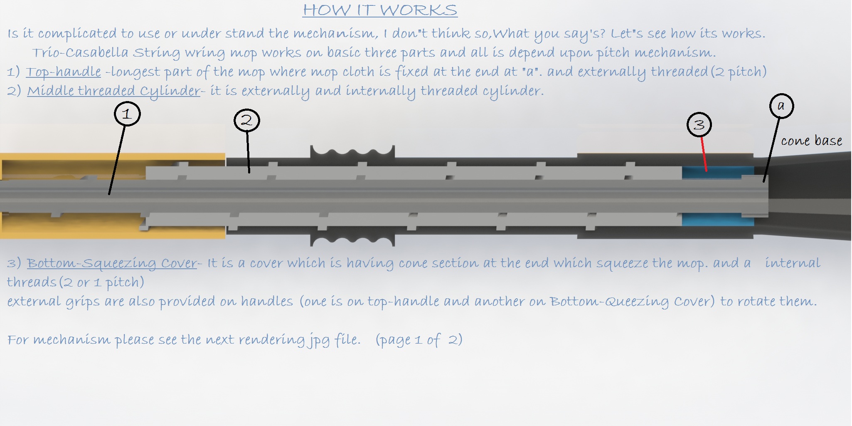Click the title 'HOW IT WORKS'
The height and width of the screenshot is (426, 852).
click(380, 10)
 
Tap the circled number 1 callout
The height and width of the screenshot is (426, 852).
click(127, 114)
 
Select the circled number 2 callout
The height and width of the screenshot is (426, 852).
click(246, 121)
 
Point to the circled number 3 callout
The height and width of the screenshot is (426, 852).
click(699, 124)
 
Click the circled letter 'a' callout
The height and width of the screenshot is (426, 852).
click(781, 106)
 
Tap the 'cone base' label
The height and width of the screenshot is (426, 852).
click(811, 141)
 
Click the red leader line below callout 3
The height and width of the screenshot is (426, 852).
click(704, 154)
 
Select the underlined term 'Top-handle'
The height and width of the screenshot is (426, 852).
click(64, 72)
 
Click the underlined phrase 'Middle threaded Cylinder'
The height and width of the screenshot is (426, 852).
click(114, 91)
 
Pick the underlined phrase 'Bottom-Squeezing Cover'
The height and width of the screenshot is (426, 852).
click(112, 263)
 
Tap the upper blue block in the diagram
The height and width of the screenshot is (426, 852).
click(718, 172)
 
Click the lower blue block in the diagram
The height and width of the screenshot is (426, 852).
click(718, 219)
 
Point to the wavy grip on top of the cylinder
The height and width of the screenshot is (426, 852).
click(352, 151)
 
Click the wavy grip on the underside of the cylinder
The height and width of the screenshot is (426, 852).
click(352, 240)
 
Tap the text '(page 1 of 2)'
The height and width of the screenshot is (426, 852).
click(419, 340)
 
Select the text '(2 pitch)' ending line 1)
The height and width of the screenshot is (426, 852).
click(739, 72)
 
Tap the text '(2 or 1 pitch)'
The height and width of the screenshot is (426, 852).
click(102, 282)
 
